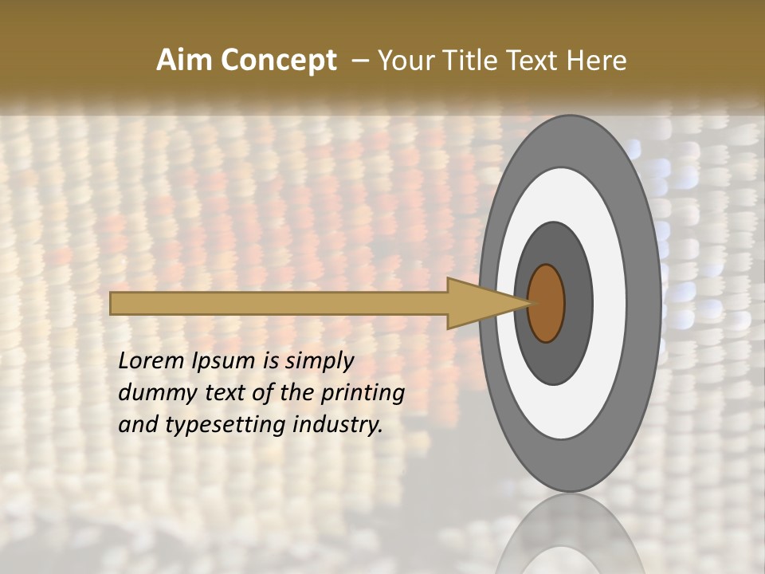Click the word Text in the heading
[533, 61]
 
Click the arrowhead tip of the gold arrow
[528, 303]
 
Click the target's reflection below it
[570, 534]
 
